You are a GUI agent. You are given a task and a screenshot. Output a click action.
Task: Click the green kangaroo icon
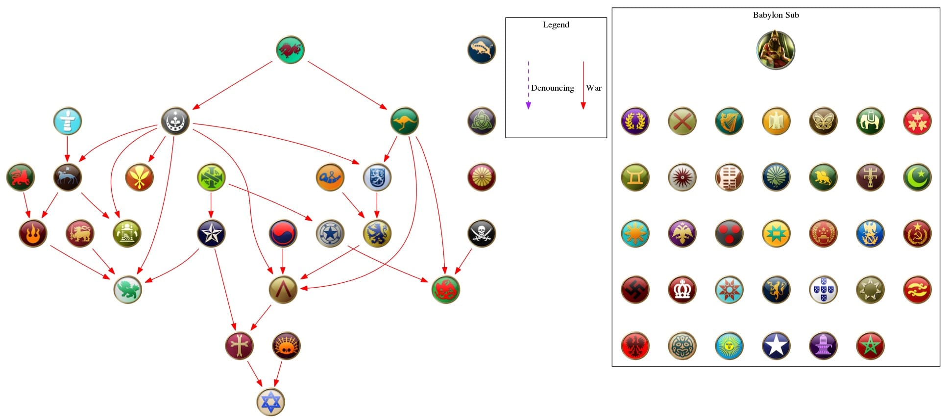405,121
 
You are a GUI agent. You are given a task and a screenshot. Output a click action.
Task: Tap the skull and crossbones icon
482,233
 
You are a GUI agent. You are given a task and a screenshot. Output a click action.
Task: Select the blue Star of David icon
271,402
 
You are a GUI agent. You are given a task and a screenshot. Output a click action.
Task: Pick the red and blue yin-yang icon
283,233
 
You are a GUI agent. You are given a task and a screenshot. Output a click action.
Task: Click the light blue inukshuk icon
68,121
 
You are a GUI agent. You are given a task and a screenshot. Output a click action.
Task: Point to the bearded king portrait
776,50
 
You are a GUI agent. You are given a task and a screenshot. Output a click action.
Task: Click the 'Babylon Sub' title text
776,15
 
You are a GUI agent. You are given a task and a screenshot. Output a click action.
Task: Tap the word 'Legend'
556,25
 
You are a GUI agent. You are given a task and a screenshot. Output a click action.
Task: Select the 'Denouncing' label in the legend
552,88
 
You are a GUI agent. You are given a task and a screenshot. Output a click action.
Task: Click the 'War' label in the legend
593,88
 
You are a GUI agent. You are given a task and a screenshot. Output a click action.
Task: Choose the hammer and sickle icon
917,233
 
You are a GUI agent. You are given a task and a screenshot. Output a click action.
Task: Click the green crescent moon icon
917,177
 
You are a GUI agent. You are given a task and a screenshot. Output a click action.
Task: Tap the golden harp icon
729,121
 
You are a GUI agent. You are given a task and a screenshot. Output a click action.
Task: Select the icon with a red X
682,121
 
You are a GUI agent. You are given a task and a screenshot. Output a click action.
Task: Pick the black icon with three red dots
729,233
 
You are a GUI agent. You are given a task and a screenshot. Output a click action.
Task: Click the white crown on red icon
682,290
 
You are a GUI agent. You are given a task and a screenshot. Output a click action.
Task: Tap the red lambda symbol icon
283,290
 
